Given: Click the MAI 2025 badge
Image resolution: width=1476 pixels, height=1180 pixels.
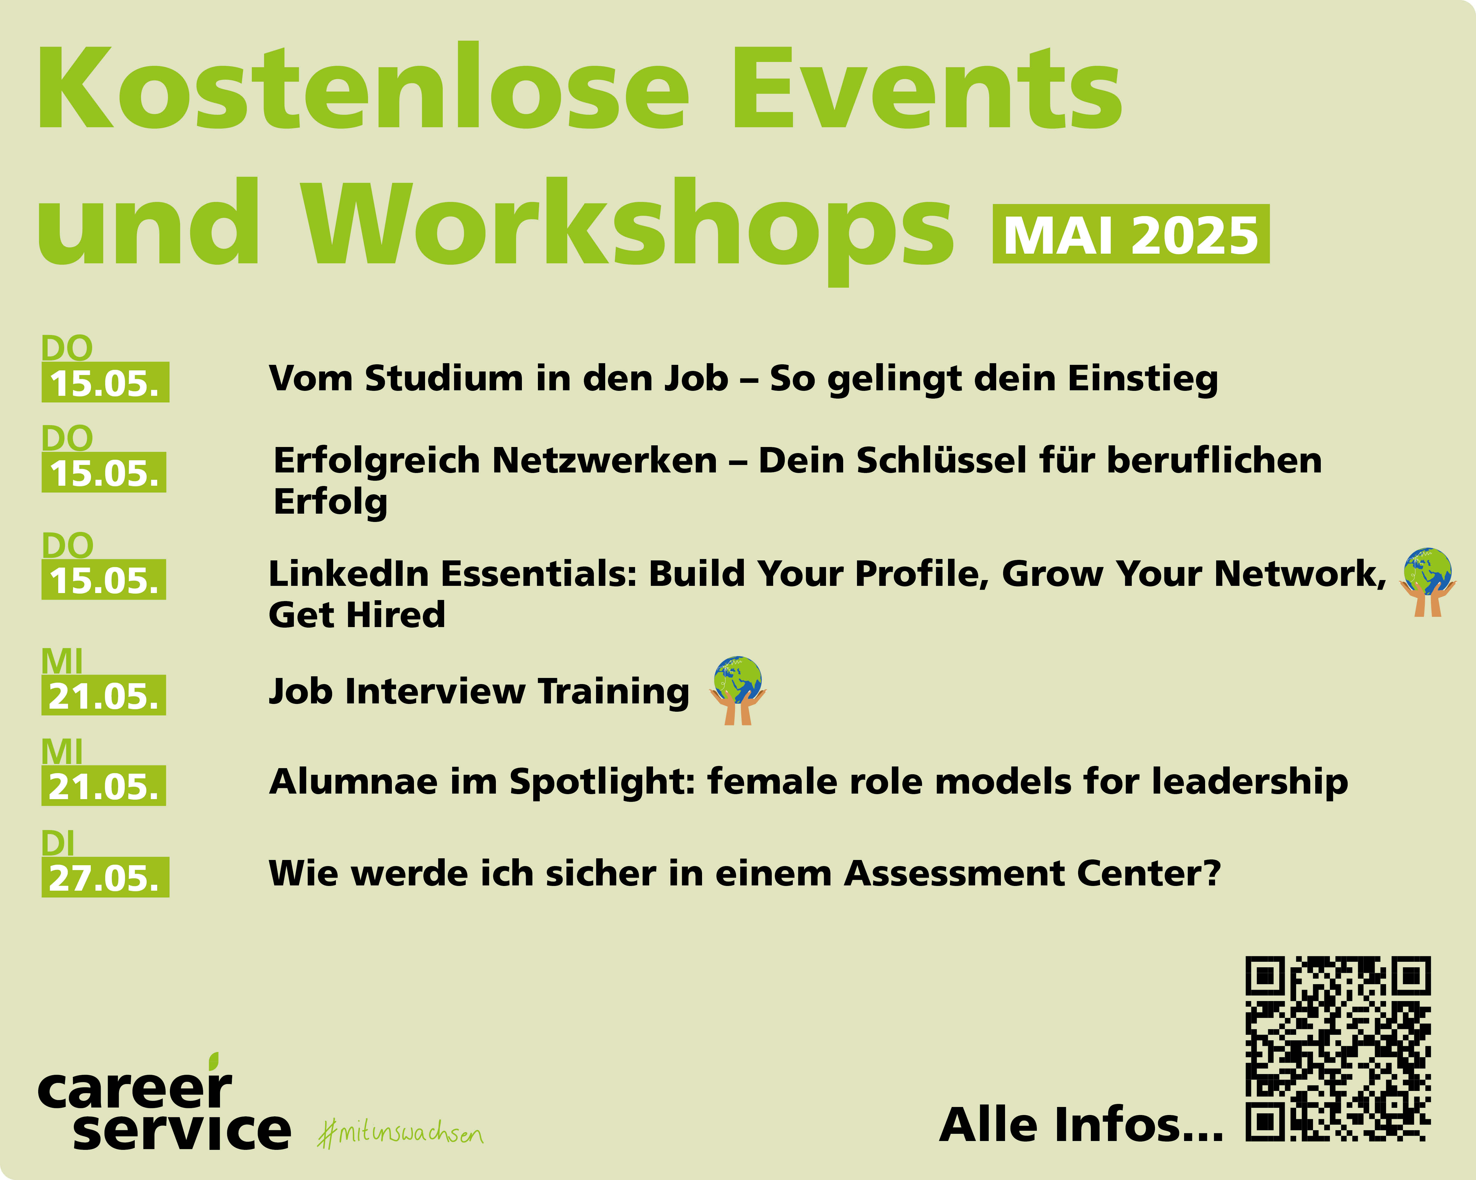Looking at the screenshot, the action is tap(1131, 234).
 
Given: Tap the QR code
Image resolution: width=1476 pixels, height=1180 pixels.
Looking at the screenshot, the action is tap(1338, 1049).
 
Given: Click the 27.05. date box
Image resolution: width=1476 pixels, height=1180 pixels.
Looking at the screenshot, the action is tap(105, 877).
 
